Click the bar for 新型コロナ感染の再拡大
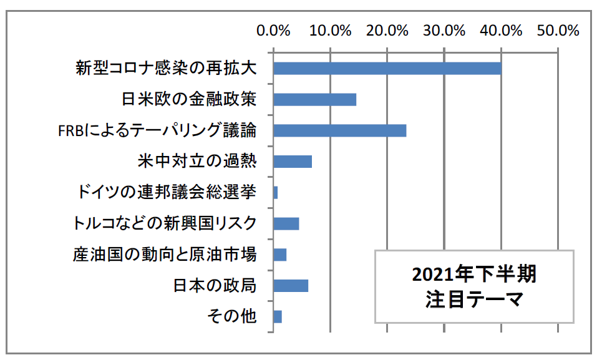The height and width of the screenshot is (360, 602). pos(387,69)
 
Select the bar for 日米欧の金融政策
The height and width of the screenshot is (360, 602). pos(314,100)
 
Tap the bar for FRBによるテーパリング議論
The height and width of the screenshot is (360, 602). pos(339,130)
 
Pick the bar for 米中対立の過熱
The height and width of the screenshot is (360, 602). pos(292,162)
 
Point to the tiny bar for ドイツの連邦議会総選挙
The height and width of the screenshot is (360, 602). pos(275,192)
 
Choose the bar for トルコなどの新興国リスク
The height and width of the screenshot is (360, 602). pos(286,223)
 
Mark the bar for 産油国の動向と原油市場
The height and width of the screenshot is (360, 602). pos(279,255)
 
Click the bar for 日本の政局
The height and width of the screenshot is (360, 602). pos(290,285)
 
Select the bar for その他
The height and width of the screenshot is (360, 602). pos(277,316)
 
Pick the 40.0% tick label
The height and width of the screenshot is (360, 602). pos(501,30)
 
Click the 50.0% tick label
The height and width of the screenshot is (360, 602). pos(558,30)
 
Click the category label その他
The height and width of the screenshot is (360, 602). pos(231,316)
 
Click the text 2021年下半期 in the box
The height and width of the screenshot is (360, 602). pos(473,275)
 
